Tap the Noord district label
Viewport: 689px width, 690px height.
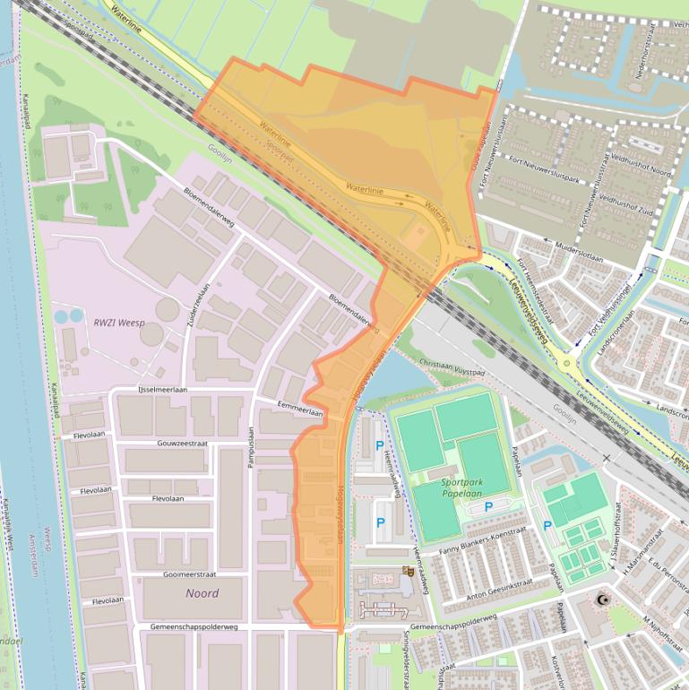point(202,593)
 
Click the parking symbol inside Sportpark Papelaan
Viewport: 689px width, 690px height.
point(488,507)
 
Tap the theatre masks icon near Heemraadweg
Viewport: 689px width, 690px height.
point(407,570)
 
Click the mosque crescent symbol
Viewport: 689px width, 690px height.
point(601,599)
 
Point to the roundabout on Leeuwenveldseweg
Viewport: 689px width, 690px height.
point(565,362)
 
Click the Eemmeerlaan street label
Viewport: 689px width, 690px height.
point(299,405)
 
